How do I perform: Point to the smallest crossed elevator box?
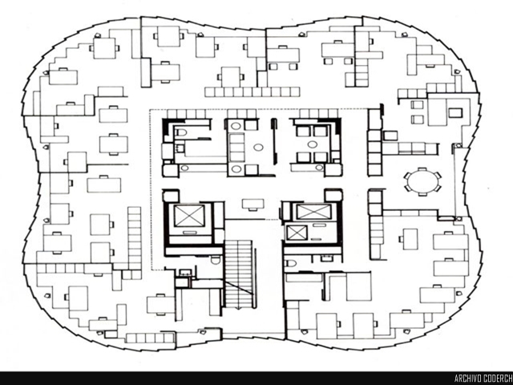[x=295, y=233]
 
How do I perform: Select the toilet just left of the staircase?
[x=216, y=262]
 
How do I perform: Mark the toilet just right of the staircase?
[x=291, y=261]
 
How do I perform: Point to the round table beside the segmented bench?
[x=258, y=148]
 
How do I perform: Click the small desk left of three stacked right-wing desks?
[x=409, y=238]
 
